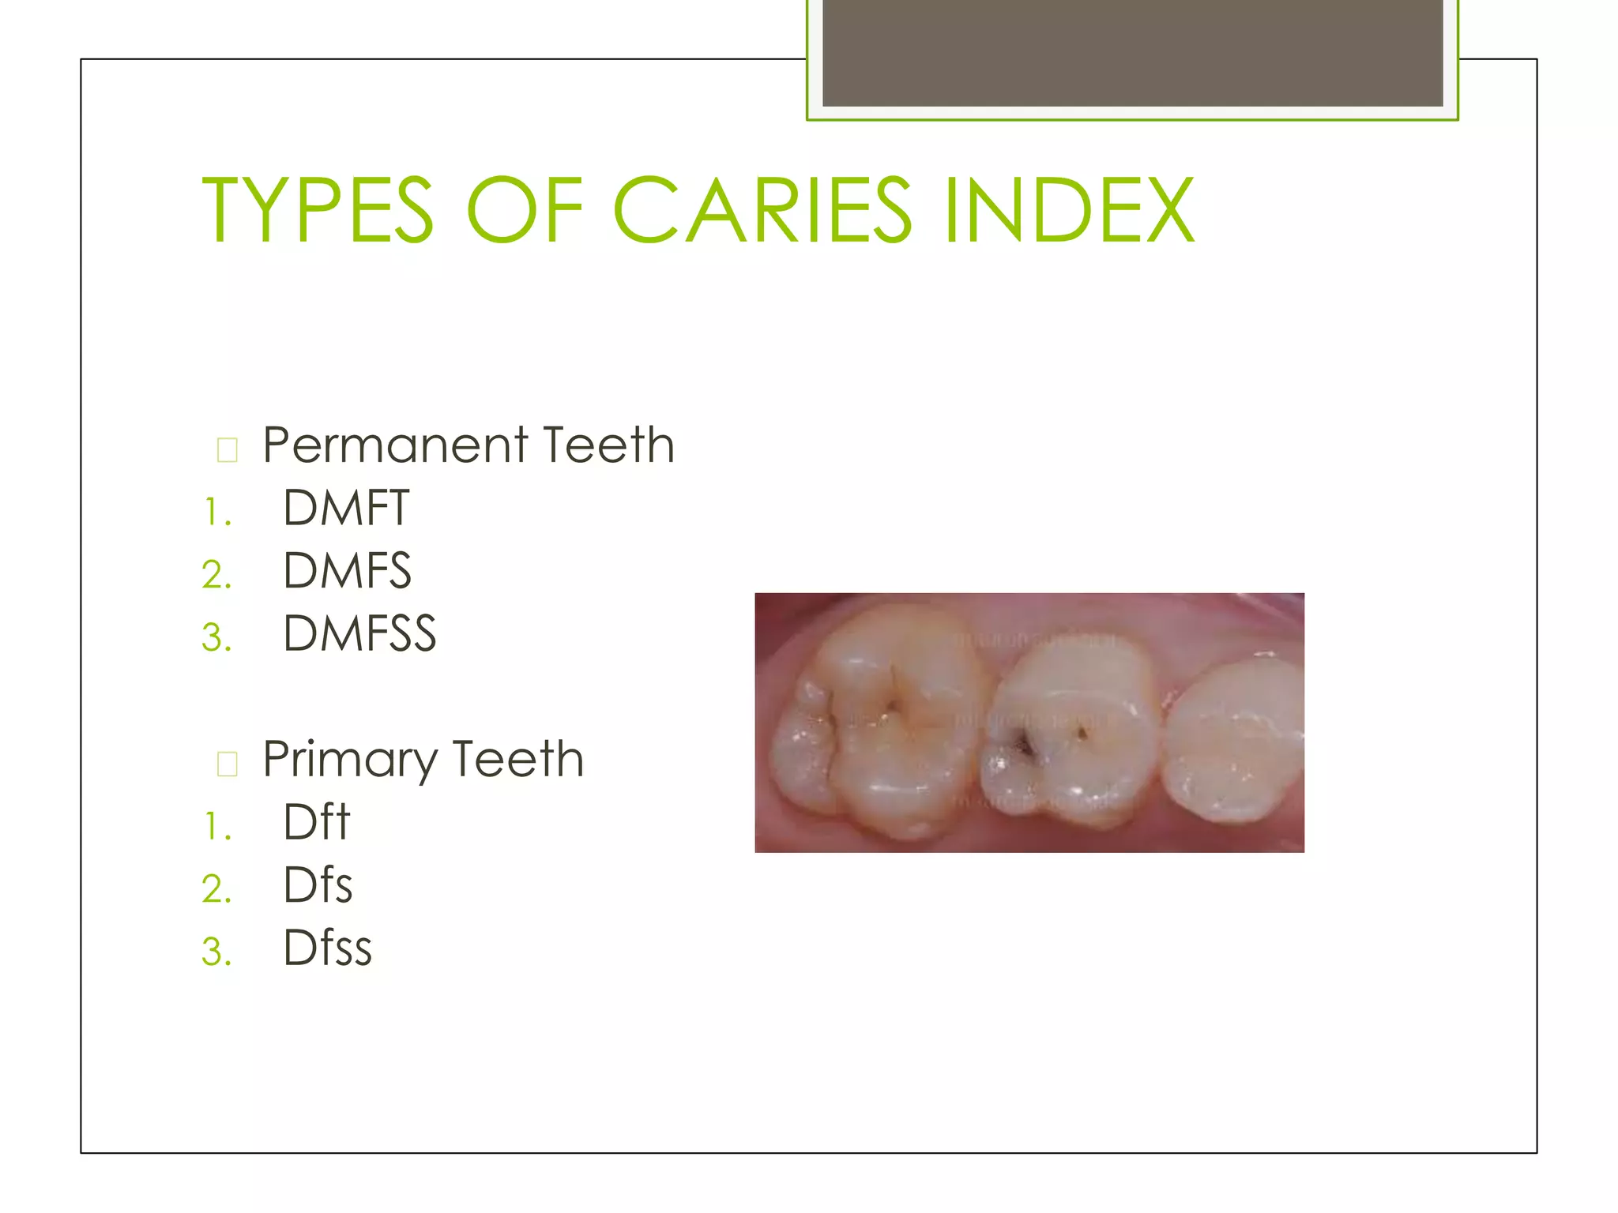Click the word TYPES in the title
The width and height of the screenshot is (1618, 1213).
318,210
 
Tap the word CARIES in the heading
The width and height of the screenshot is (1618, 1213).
762,210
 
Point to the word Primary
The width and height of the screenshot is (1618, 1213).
349,760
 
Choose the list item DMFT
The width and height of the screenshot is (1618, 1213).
346,507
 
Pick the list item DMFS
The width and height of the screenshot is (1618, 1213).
347,570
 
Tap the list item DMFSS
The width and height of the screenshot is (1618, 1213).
359,633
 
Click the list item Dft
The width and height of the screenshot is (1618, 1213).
316,822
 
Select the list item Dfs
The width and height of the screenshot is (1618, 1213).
318,884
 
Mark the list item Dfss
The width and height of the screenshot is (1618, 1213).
327,948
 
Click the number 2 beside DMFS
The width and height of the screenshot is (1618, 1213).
216,574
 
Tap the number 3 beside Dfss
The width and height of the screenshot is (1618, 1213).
216,952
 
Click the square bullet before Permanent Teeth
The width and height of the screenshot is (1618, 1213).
227,449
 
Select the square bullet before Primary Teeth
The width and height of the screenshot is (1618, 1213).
227,764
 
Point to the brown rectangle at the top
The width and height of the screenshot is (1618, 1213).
1132,53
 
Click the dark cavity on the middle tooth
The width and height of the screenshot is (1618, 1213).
1025,745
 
